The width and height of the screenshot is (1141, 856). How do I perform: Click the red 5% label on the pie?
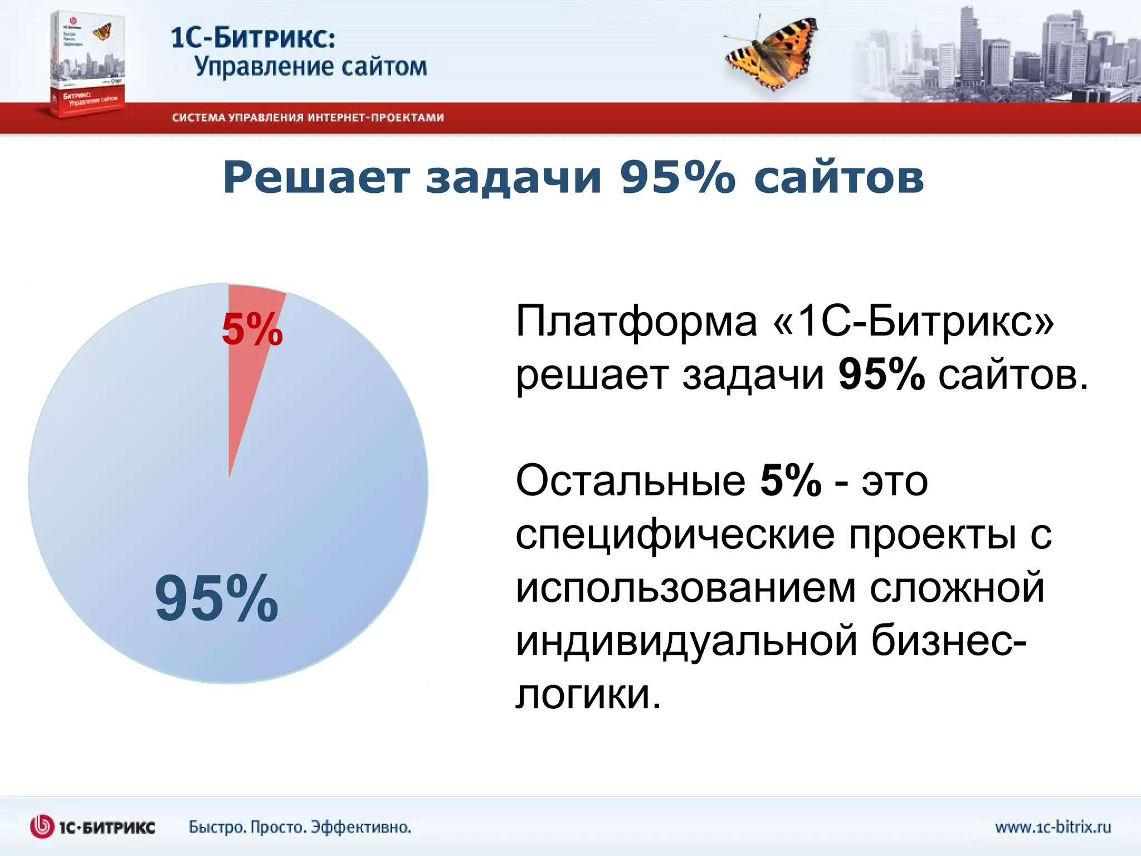click(252, 329)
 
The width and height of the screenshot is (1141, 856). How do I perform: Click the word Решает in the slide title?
click(316, 178)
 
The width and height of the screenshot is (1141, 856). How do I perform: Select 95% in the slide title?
click(677, 178)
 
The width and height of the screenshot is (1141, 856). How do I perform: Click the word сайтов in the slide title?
click(838, 178)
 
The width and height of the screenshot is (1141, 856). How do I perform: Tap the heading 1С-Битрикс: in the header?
click(253, 38)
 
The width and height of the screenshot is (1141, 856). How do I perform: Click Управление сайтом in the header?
click(310, 67)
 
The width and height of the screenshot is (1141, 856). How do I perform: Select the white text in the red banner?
click(308, 118)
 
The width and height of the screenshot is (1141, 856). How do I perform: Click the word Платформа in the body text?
click(636, 322)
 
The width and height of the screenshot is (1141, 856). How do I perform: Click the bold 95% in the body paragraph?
click(881, 374)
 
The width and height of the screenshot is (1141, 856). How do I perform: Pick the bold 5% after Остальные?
click(791, 480)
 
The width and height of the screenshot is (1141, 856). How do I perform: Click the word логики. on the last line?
click(588, 695)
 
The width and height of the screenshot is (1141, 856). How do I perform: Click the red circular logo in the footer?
click(42, 826)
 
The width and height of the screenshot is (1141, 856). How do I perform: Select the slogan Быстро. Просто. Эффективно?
click(300, 826)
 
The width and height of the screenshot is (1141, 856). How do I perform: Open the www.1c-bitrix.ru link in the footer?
click(1052, 826)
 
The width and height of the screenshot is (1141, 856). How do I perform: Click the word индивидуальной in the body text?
click(686, 641)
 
